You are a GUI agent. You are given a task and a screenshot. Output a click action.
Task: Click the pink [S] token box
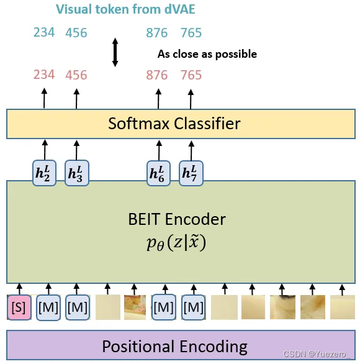tap(19, 307)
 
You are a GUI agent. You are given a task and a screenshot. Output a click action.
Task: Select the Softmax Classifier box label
tap(174, 123)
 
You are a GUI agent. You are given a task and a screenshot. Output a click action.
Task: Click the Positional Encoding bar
tap(174, 346)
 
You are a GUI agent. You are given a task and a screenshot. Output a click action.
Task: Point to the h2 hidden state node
tap(44, 171)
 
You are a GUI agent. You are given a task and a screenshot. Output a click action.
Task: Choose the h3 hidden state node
tap(76, 171)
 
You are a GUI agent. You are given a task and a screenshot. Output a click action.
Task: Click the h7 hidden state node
tap(191, 171)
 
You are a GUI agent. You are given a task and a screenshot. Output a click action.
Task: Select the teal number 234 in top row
tap(44, 32)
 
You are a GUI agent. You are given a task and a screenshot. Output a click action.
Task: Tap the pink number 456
tap(76, 75)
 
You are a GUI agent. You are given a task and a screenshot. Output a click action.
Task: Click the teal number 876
tap(157, 33)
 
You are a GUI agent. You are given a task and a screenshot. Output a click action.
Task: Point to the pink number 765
tap(191, 75)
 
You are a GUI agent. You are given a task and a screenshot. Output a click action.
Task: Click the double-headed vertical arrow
tap(115, 53)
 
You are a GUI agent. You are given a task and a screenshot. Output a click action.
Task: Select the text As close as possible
tap(207, 54)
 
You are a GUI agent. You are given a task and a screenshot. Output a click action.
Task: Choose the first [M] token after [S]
tap(49, 307)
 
